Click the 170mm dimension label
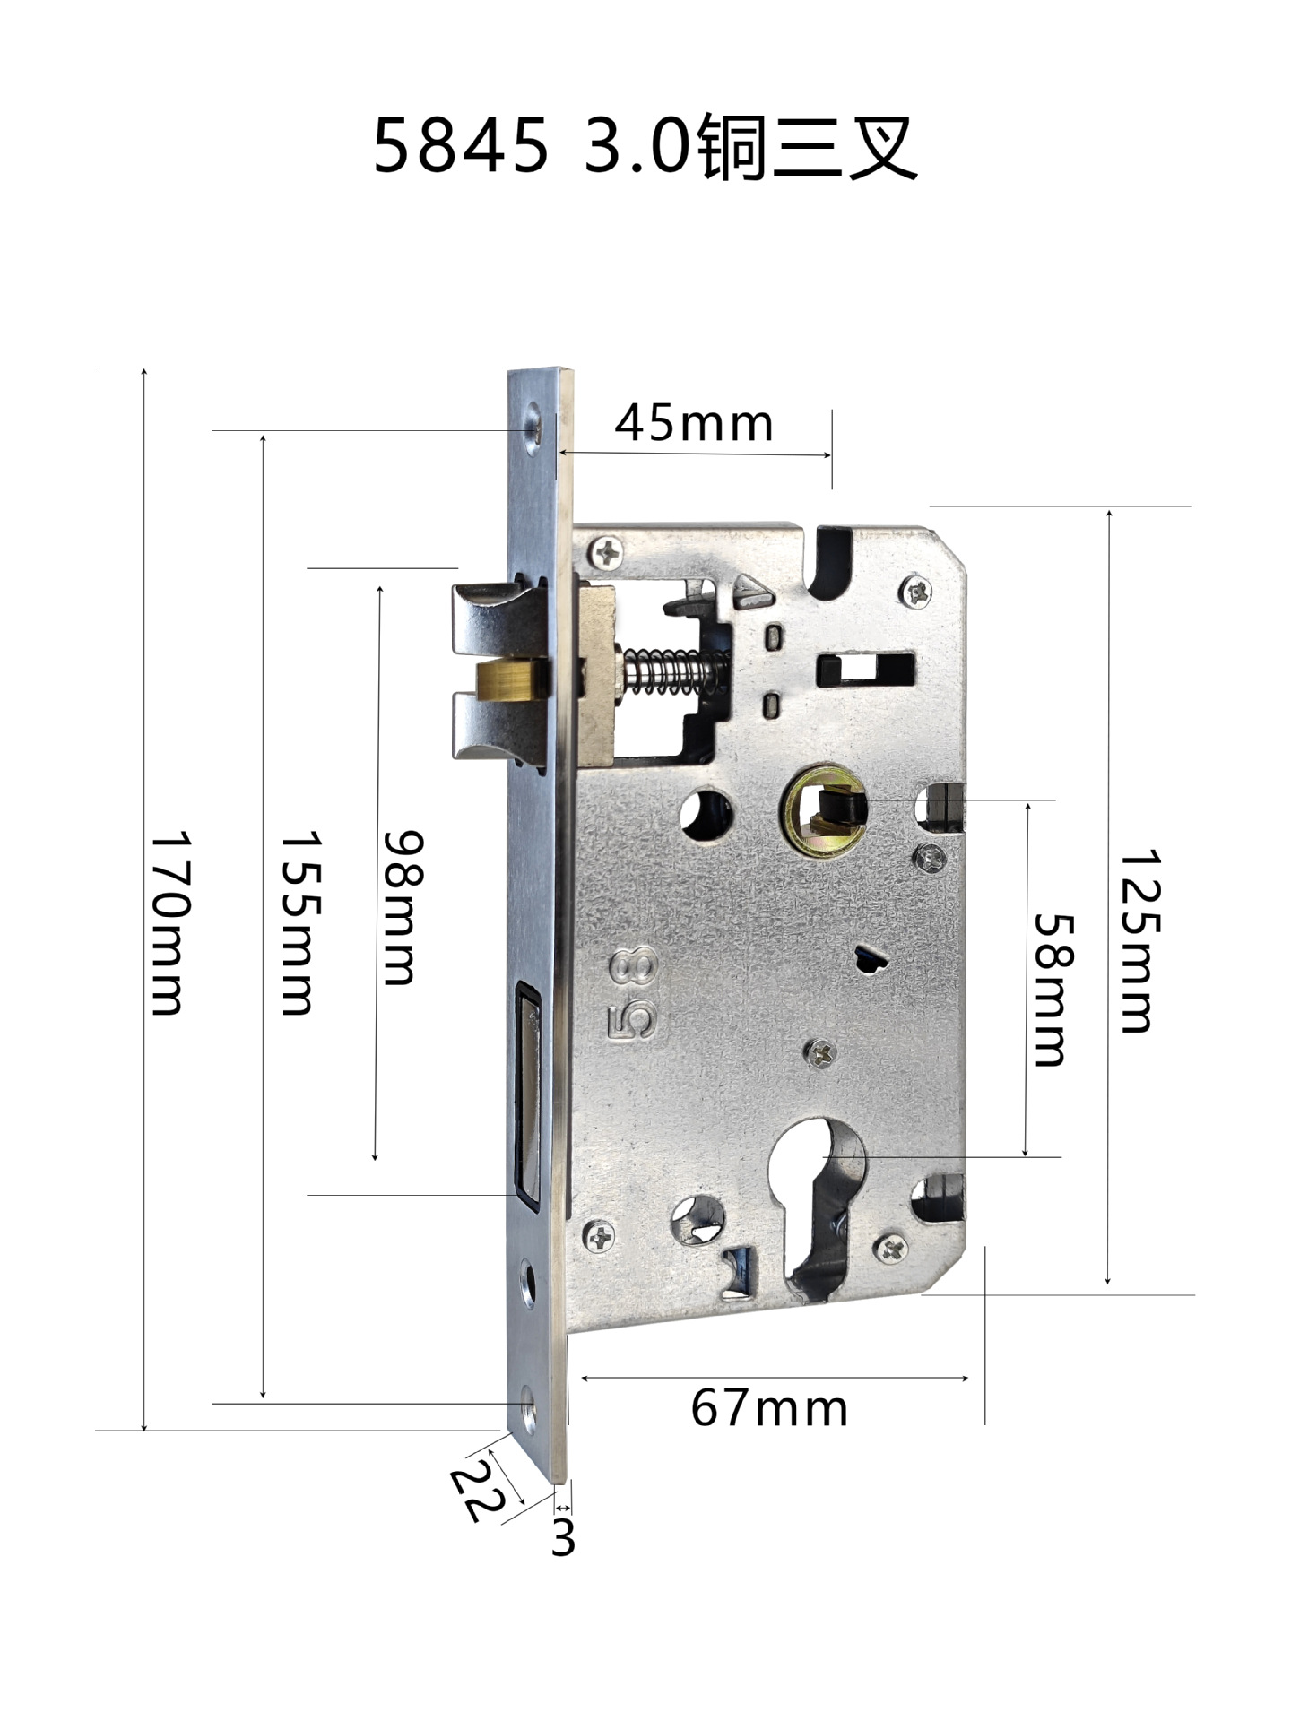[169, 923]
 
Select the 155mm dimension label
[300, 923]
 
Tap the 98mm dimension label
[402, 907]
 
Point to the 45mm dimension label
[693, 423]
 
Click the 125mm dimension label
[1140, 941]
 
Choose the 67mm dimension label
[769, 1408]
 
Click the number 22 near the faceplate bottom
[476, 1491]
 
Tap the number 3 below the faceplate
[562, 1537]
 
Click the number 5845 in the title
[461, 146]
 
